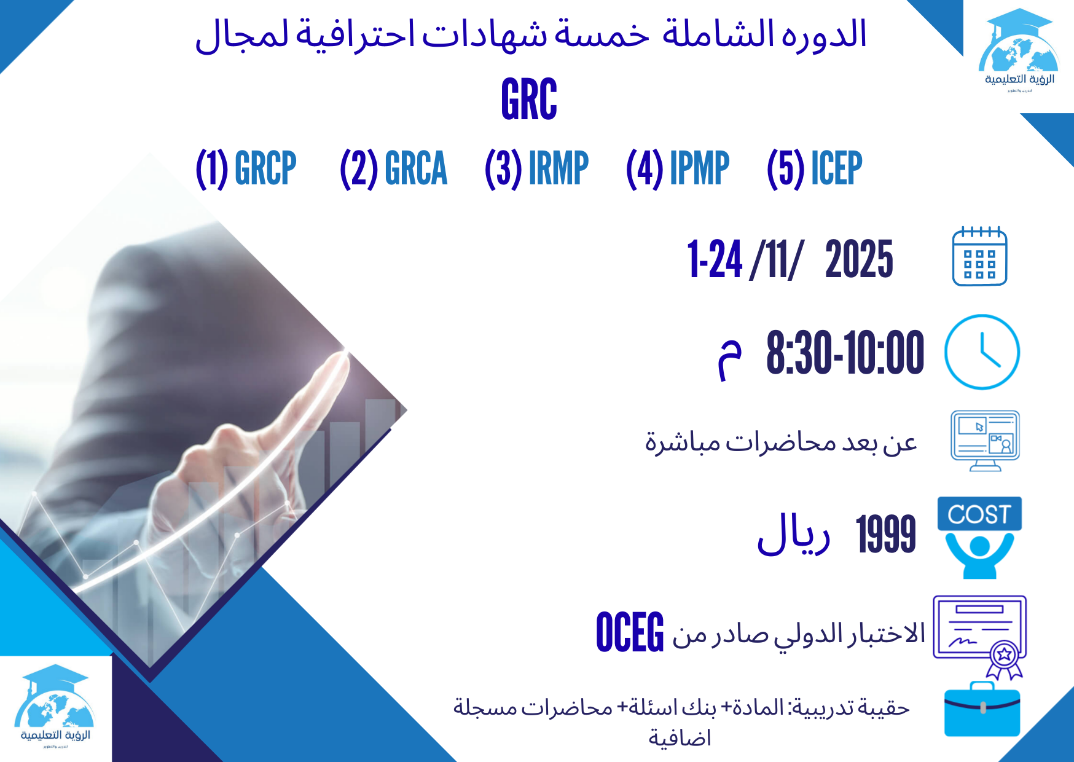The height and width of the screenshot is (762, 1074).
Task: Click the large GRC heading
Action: tap(529, 99)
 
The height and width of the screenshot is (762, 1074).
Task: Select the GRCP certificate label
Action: tap(265, 168)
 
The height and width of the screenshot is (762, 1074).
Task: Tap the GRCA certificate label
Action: tap(415, 168)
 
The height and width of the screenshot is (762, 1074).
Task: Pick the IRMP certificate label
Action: tap(558, 168)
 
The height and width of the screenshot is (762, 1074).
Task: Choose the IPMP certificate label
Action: tap(699, 168)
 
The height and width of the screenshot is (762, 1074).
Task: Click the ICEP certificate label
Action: tap(836, 168)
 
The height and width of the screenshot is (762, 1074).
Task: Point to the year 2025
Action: tap(858, 259)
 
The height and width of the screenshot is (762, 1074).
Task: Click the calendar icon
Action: tap(979, 256)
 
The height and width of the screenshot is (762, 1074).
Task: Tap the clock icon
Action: tap(981, 352)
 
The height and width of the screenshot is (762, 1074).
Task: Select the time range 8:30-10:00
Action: tap(845, 352)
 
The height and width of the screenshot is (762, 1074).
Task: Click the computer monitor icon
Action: tap(985, 440)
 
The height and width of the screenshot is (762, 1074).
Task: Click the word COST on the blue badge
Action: tap(979, 514)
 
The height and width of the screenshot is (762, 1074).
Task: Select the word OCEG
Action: tap(630, 632)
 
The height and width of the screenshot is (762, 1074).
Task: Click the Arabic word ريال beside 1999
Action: tap(793, 533)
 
